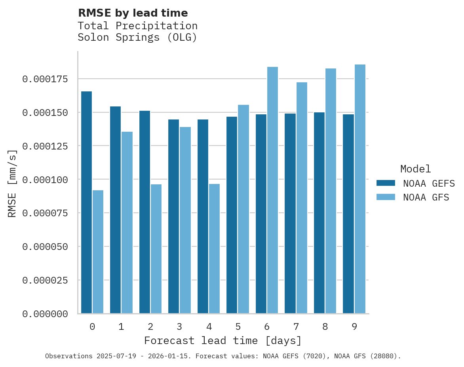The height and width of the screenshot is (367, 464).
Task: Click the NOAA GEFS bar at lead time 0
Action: (86, 202)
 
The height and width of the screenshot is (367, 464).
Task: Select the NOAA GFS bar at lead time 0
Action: (98, 252)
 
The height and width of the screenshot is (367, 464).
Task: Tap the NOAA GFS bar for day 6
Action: (272, 190)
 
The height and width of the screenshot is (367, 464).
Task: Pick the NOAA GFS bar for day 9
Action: (360, 189)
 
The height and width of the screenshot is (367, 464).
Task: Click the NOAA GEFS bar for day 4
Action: (203, 216)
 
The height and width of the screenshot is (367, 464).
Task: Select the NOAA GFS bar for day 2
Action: (156, 248)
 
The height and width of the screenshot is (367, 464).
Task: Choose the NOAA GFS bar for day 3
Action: (185, 220)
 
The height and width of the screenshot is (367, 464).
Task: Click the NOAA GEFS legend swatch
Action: (386, 183)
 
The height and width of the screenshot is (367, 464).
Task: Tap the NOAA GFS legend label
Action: (426, 197)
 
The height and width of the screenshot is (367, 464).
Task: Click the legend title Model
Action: (415, 169)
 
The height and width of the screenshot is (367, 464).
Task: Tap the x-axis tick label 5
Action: (238, 327)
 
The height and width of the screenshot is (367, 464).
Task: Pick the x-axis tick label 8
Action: (325, 327)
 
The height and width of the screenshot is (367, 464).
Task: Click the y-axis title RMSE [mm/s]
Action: (12, 183)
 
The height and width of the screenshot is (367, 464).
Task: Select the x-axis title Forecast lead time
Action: (223, 341)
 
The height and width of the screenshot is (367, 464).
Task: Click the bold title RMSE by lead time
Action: (133, 13)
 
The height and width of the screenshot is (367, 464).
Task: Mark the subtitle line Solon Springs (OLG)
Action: (137, 38)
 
